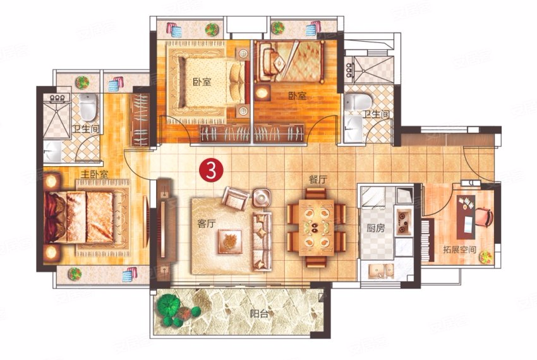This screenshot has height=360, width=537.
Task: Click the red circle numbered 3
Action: (212, 171)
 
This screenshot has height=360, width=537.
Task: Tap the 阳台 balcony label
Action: (259, 313)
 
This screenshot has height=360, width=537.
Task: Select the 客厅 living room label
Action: (207, 224)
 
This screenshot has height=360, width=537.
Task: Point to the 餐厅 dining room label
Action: (318, 179)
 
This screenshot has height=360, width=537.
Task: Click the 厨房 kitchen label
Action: (376, 228)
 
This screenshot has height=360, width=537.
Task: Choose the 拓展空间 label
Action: (459, 249)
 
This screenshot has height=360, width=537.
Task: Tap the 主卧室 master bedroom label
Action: (94, 174)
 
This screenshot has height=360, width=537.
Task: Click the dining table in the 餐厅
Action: (316, 227)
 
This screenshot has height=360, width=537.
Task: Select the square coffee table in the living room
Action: (230, 241)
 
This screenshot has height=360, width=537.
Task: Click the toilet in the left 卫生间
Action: (88, 106)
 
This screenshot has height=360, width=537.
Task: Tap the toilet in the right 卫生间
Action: (358, 102)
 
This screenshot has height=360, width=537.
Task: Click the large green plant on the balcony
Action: (169, 305)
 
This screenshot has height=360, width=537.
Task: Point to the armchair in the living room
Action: (236, 198)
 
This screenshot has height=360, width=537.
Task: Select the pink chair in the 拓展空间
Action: (483, 217)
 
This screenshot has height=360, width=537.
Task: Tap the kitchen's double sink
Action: (381, 270)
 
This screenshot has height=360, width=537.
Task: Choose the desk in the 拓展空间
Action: (466, 217)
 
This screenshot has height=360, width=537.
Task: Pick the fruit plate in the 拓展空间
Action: (486, 258)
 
